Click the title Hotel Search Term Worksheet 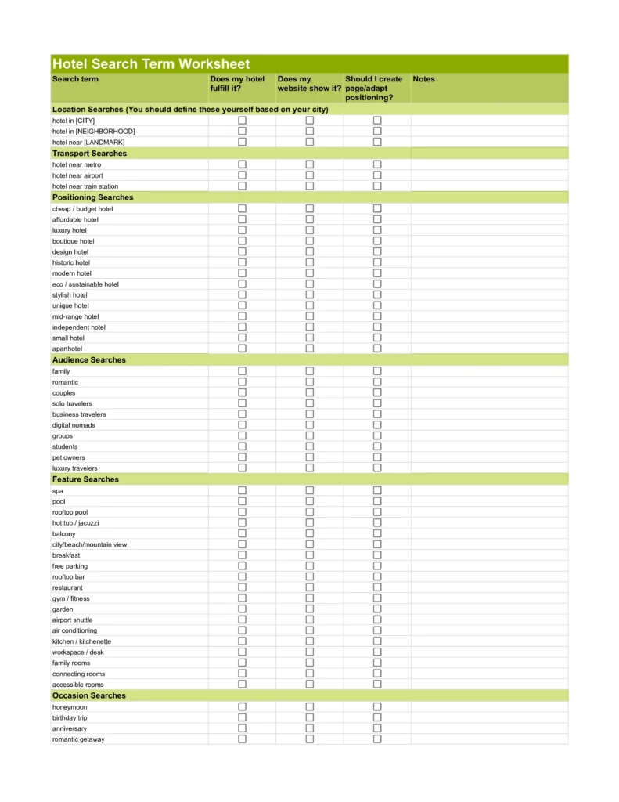(151, 64)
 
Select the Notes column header (423, 79)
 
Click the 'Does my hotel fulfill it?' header (237, 84)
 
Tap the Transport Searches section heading (89, 154)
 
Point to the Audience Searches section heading (88, 360)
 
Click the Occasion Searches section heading (88, 695)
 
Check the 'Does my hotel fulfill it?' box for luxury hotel (242, 230)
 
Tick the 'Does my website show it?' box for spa (309, 490)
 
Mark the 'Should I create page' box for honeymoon (377, 706)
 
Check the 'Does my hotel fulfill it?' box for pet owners (242, 457)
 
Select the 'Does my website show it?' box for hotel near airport (309, 175)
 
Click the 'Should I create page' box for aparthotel (377, 349)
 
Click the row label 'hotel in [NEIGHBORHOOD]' (93, 132)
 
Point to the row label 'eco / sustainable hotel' (85, 284)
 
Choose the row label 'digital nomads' (74, 425)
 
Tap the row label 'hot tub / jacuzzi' (76, 522)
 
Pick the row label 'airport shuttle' (72, 620)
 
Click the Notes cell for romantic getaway (489, 739)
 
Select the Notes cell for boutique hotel (489, 241)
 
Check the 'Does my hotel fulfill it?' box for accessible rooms (242, 685)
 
